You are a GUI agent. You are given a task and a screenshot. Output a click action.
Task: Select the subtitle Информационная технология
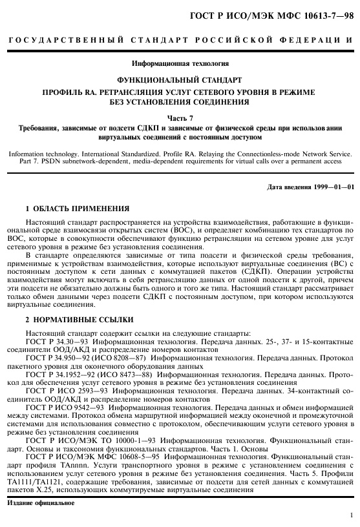[x=180, y=63]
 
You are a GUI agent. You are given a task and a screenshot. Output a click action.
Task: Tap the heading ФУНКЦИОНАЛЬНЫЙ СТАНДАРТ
[x=180, y=80]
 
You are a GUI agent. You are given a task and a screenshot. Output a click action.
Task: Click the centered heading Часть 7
[x=180, y=118]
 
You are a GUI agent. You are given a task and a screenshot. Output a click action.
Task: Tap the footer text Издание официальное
[x=49, y=501]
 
